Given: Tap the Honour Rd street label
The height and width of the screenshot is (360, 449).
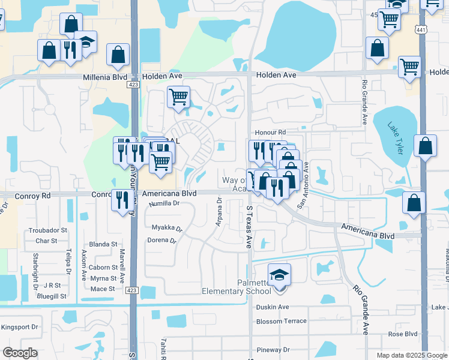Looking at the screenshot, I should [x=271, y=132].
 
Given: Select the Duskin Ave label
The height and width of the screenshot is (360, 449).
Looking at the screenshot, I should [x=273, y=307].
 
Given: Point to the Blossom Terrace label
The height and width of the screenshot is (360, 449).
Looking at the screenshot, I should [x=281, y=321].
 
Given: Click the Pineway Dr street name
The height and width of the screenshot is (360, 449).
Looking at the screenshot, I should [x=273, y=350].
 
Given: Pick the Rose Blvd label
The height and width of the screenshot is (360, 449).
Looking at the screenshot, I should [x=403, y=334].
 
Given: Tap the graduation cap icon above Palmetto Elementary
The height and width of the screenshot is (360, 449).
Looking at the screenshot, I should [x=279, y=275].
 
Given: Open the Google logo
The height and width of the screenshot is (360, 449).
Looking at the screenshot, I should [x=20, y=353].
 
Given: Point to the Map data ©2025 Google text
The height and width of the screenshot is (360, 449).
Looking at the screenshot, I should [x=411, y=355].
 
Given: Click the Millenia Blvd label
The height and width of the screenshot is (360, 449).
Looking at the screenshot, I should [x=105, y=77].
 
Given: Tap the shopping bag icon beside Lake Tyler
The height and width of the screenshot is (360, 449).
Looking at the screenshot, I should [x=426, y=146].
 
